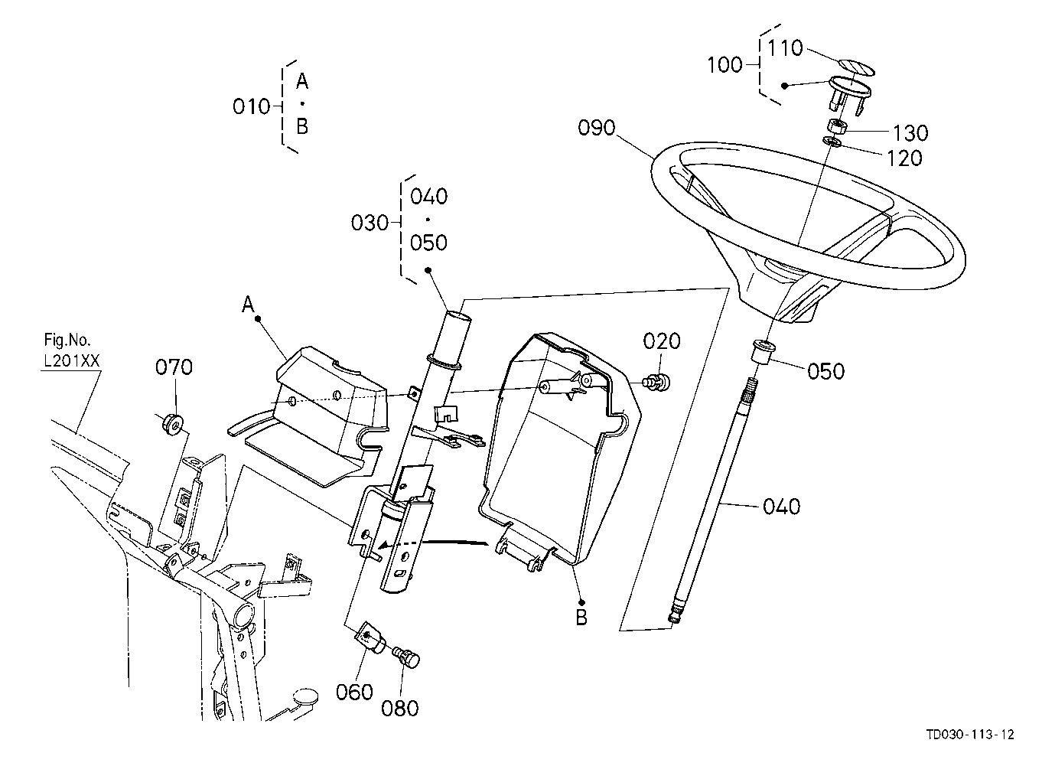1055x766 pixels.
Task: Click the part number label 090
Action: tap(596, 128)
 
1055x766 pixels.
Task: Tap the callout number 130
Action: tap(910, 133)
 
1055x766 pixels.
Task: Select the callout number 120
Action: tap(904, 158)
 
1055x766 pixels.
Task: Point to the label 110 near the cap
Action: tap(785, 48)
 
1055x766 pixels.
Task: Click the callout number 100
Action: tap(724, 65)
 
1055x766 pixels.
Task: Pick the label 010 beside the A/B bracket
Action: tap(251, 107)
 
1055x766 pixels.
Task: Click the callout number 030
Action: tap(370, 223)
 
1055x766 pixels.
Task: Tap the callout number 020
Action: tap(662, 341)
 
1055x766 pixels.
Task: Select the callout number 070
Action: tap(174, 367)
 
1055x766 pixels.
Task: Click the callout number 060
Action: tap(354, 693)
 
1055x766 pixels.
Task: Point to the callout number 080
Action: tap(399, 709)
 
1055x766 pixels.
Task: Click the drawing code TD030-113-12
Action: tap(970, 735)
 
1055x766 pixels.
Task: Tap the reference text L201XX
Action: tap(72, 361)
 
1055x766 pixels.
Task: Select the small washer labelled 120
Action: tap(832, 141)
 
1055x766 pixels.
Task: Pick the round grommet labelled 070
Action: tap(174, 425)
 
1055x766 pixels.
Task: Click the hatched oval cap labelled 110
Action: tap(856, 67)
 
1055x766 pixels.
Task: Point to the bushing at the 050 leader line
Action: tap(761, 352)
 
